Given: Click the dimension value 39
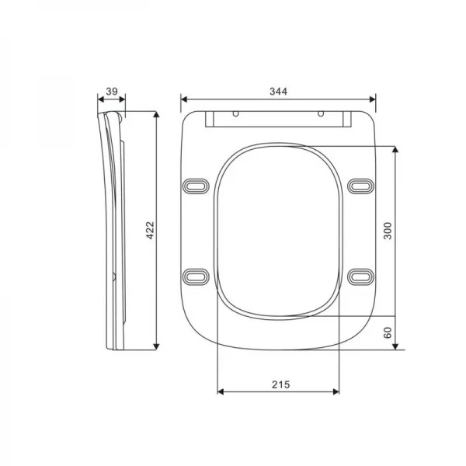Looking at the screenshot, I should click(111, 92).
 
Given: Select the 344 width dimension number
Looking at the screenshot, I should click(279, 92).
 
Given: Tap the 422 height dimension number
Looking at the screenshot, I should click(151, 230).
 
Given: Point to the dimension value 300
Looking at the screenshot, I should click(388, 231).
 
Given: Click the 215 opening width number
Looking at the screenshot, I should click(280, 384).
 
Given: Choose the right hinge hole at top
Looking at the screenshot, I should click(321, 114).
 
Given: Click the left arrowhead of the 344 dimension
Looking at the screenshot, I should click(184, 99).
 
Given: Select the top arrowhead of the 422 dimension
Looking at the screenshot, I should click(158, 114).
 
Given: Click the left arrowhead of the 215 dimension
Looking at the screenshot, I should click(219, 391).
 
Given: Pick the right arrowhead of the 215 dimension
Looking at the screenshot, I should click(340, 391).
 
